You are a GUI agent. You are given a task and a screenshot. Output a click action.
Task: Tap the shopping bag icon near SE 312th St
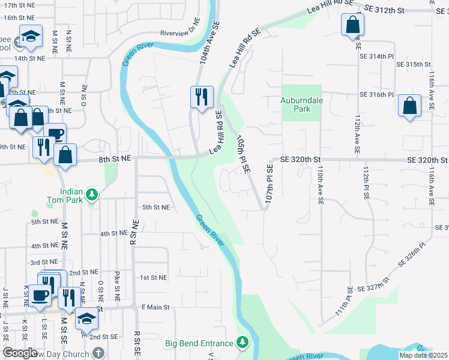pyautogui.click(x=352, y=25)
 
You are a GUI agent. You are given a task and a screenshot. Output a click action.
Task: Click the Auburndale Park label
pyautogui.click(x=304, y=105)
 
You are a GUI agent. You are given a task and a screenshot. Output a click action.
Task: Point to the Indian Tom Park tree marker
pyautogui.click(x=91, y=194)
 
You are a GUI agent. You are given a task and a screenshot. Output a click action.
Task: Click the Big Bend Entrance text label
pyautogui.click(x=199, y=344)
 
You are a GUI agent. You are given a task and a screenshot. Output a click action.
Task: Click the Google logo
pyautogui.click(x=20, y=353)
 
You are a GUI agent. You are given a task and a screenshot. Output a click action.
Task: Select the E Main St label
pyautogui.click(x=155, y=307)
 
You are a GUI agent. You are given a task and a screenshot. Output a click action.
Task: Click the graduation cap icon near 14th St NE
pyautogui.click(x=30, y=37)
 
